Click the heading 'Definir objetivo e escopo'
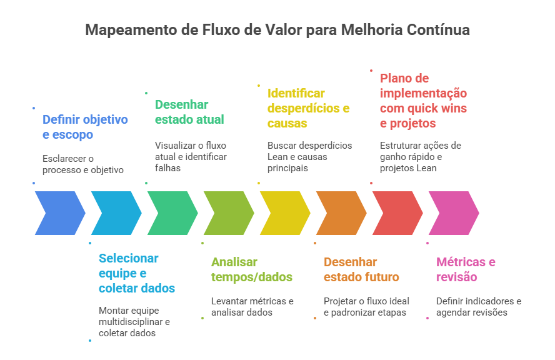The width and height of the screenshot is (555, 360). [x=85, y=127]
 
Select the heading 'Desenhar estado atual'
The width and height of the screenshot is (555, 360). [x=189, y=112]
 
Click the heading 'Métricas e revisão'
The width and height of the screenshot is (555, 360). [x=466, y=269]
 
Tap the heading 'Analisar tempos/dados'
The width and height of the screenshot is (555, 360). [x=252, y=269]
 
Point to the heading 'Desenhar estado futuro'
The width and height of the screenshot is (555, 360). [x=361, y=269]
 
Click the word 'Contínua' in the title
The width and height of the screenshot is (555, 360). [x=439, y=30]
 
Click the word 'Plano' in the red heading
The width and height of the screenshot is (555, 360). [x=396, y=78]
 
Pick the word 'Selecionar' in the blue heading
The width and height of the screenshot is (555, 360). [x=129, y=258]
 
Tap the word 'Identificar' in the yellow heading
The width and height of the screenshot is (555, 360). [x=297, y=93]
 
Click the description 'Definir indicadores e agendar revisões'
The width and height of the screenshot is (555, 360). [x=479, y=306]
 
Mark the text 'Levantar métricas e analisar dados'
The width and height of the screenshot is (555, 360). [x=252, y=306]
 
